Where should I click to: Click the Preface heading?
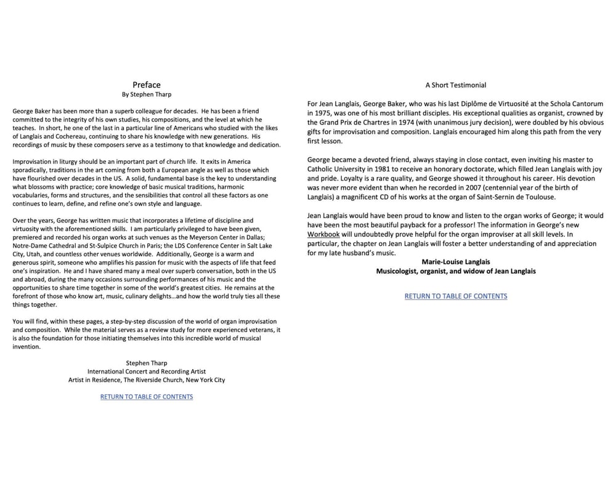pos(147,85)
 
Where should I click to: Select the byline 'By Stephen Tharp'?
pos(147,95)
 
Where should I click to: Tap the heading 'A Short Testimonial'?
pos(455,85)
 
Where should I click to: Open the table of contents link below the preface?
pos(147,397)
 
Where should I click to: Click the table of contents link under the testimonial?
pos(456,296)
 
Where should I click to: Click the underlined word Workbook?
pos(323,235)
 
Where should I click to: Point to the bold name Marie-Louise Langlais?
pos(456,262)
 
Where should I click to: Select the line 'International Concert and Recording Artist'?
pos(147,372)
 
